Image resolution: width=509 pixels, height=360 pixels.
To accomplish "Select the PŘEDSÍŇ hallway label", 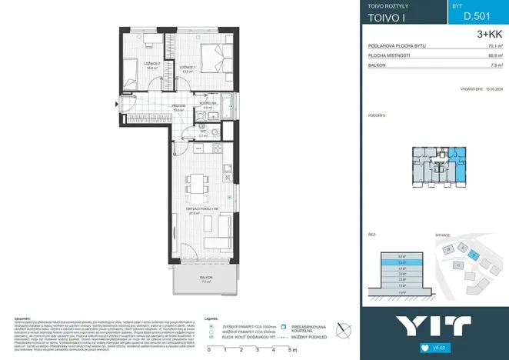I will [x=178, y=107].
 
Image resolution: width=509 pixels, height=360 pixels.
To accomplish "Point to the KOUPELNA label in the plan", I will [x=207, y=104].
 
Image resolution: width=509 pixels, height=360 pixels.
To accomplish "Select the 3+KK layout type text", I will [x=489, y=34].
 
